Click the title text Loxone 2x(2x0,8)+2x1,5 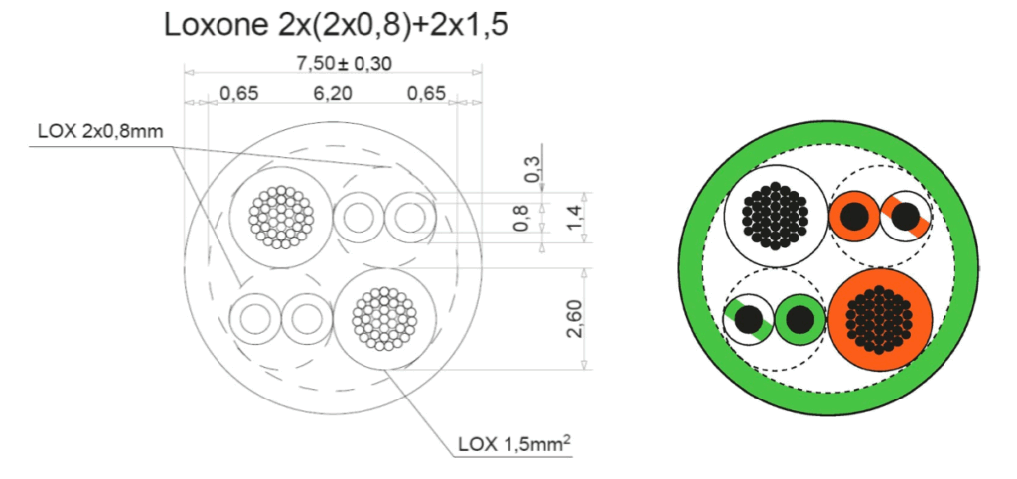pyautogui.click(x=336, y=25)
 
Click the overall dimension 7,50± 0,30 pyautogui.click(x=344, y=63)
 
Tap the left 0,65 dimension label pyautogui.click(x=238, y=94)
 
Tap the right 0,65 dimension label pyautogui.click(x=426, y=94)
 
